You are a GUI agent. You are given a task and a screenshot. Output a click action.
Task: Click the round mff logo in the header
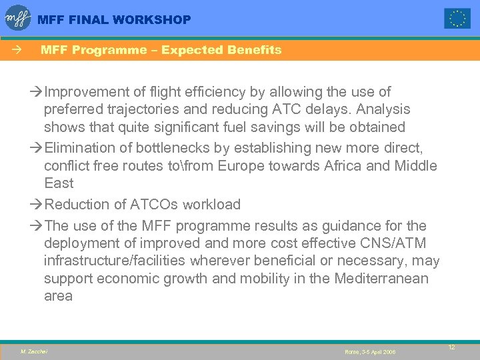18,18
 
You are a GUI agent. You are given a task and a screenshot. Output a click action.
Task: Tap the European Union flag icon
457,19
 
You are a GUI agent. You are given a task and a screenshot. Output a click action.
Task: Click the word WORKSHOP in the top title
152,20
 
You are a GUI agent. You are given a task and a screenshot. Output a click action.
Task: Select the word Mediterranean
372,278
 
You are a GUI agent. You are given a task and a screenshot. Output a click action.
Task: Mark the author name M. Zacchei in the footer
34,351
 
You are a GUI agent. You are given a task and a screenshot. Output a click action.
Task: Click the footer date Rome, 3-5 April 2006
370,351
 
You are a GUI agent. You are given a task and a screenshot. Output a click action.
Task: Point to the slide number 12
451,347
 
